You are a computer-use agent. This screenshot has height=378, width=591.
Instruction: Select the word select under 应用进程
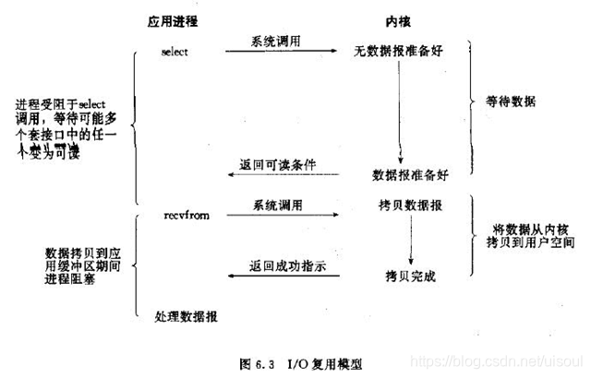[x=174, y=52]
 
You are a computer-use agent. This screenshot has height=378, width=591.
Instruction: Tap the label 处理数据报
[x=187, y=316]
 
